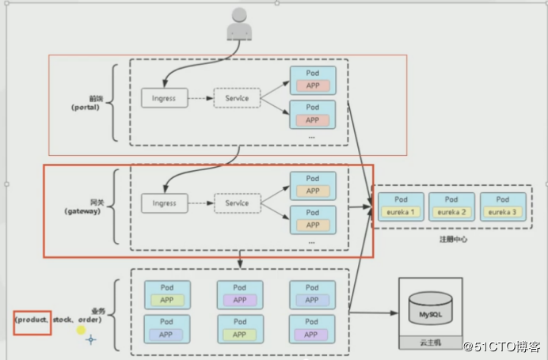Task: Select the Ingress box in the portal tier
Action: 165,99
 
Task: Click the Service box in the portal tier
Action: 237,99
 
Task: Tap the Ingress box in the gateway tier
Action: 165,203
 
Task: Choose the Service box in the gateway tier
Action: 237,203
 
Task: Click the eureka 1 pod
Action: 401,207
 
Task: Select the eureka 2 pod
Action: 451,207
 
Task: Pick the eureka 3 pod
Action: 501,207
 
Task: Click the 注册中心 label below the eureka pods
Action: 453,239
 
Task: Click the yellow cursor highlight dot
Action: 81,330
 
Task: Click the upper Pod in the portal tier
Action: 312,79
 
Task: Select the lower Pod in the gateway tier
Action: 312,218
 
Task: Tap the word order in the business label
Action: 89,320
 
